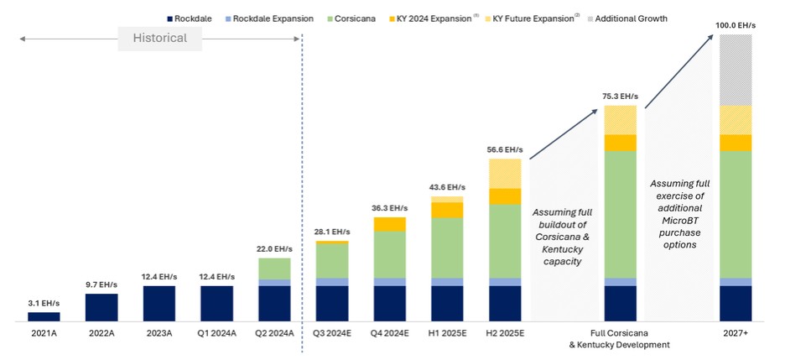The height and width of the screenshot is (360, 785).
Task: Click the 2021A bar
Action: point(44,316)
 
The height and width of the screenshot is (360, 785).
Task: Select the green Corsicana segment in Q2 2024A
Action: point(274,269)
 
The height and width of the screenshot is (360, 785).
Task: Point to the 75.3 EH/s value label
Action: point(620,96)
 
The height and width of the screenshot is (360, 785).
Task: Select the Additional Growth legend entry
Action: point(631,18)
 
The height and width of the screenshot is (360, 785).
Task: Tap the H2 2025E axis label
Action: point(504,333)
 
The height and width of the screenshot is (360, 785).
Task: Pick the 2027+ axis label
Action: point(736,333)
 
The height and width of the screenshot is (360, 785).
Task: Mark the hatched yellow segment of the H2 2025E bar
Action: point(505,174)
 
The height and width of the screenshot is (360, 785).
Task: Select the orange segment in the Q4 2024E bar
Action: point(390,224)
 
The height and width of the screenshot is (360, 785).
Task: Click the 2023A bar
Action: point(159,303)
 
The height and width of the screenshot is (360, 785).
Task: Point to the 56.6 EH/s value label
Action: point(504,149)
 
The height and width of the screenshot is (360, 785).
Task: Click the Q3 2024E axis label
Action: point(331,333)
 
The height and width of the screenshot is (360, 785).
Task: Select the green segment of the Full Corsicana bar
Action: point(620,214)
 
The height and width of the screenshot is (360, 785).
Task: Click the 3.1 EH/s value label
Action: point(44,302)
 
